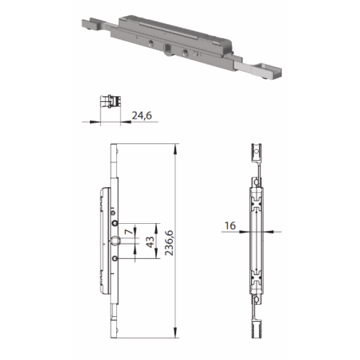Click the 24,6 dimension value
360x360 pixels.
141,115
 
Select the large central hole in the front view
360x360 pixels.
115,241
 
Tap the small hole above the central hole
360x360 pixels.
115,225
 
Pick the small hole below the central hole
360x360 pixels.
115,258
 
